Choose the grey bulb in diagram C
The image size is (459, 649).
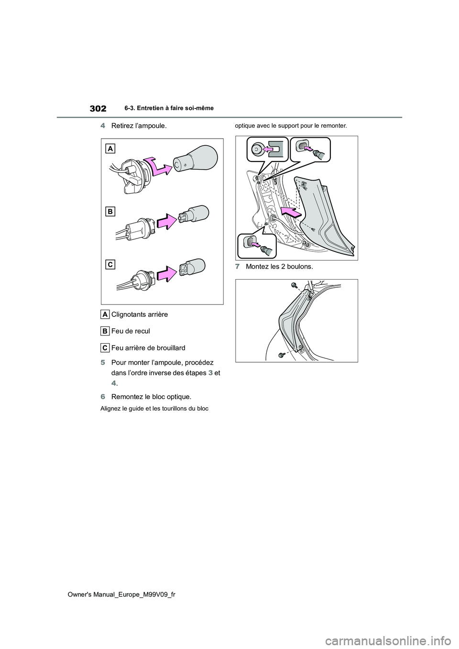pos(194,269)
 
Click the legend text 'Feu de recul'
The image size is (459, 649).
pos(130,331)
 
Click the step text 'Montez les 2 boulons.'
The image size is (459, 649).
pos(279,267)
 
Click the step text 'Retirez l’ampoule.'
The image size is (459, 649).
pos(139,126)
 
